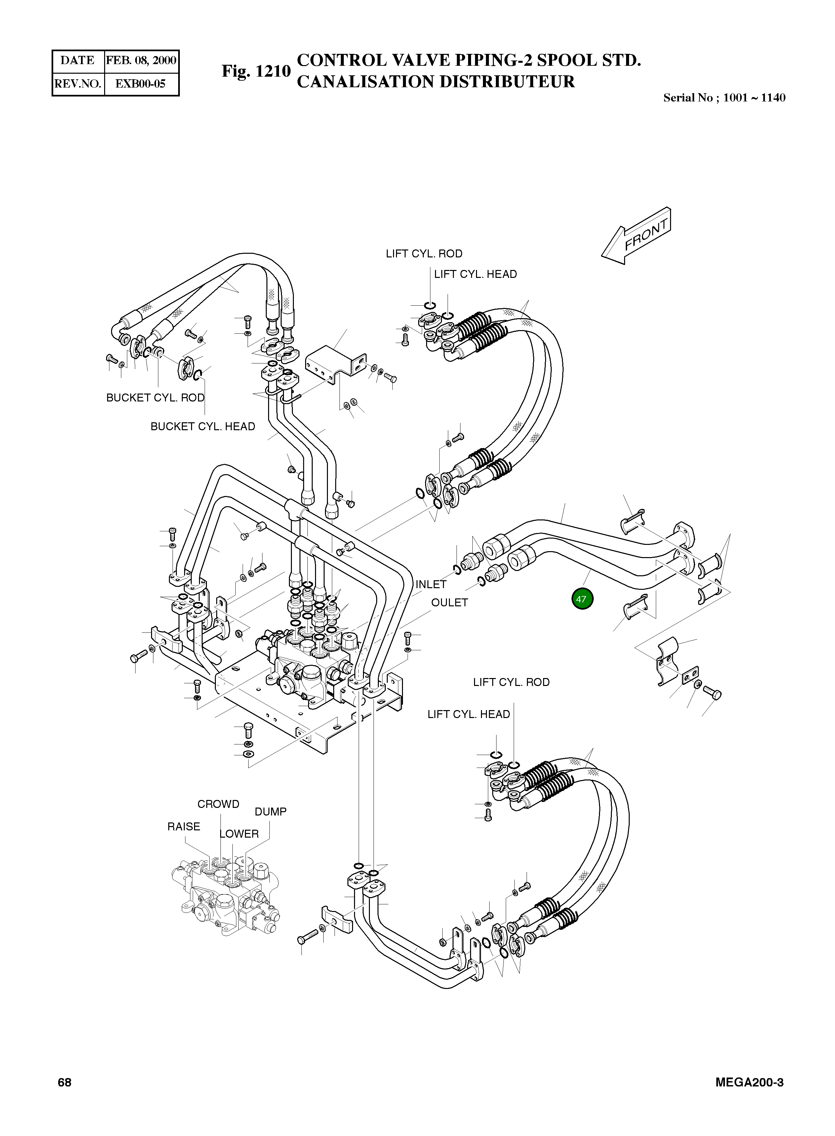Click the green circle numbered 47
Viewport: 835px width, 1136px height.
coord(581,599)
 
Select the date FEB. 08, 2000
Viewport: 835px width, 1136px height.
coord(141,60)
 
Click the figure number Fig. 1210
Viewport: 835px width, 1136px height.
coord(256,71)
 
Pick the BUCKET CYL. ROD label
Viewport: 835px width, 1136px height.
coord(155,398)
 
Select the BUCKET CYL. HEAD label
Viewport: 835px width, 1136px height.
coord(203,426)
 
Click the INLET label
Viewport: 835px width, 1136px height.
coord(431,585)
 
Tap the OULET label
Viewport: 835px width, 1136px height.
coord(449,603)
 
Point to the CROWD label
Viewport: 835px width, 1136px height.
coord(219,804)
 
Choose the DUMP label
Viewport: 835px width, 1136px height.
coord(270,812)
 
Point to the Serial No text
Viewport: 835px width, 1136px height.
coord(724,98)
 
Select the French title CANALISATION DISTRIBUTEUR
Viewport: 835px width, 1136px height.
coord(436,81)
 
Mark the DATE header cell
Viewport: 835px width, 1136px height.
coord(77,60)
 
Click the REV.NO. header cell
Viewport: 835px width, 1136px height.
coord(78,84)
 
